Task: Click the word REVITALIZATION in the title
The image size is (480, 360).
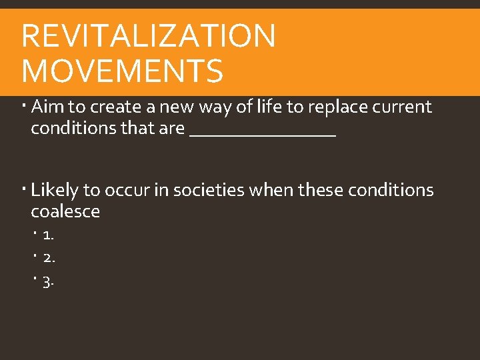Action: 148,36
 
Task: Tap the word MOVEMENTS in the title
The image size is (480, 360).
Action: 122,71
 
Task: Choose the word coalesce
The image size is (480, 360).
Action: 65,212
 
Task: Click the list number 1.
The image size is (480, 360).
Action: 48,235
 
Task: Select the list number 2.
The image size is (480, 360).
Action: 49,258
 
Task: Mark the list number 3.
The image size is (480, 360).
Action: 49,282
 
